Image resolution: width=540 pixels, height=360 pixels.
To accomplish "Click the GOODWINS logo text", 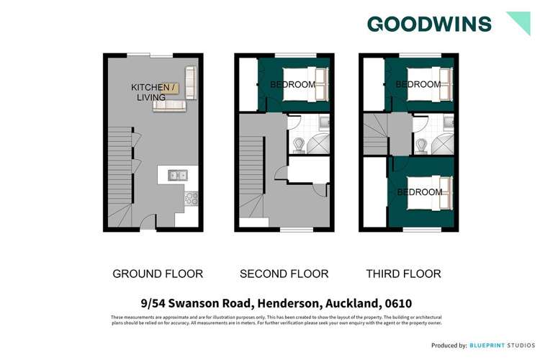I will (x=429, y=24).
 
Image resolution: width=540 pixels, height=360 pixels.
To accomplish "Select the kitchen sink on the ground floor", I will (x=176, y=174).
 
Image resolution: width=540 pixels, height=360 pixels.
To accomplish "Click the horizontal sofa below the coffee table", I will (x=168, y=105).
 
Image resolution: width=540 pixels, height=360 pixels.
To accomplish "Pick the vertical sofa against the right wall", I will (x=191, y=82).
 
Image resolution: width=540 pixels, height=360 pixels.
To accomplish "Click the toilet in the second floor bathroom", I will (x=297, y=145).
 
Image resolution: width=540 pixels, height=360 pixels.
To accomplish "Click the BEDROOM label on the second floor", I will (x=292, y=85).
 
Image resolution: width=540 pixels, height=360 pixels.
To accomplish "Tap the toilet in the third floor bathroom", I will (x=422, y=145).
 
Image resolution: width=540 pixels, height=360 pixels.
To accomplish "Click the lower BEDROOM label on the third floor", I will (x=420, y=192).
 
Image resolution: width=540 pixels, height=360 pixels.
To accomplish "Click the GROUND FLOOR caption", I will (x=158, y=274).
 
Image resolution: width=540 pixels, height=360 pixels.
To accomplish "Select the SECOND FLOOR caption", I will (x=284, y=274).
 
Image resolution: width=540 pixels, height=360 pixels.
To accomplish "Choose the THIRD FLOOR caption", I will (x=404, y=274).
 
